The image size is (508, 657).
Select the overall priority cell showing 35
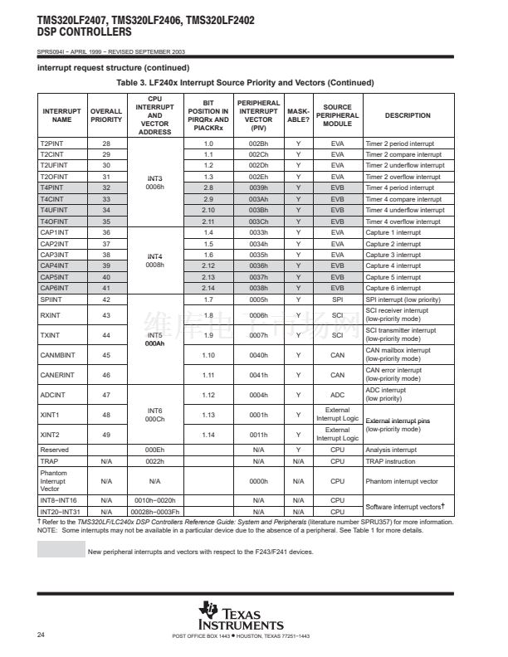coord(106,221)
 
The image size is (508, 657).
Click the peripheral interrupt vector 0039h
coord(258,188)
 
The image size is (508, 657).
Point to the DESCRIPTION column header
coord(408,115)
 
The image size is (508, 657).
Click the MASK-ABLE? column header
coord(299,115)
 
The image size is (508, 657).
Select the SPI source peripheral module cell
coord(337,299)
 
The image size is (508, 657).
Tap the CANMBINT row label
coord(56,354)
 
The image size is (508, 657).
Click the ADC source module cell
coord(337,395)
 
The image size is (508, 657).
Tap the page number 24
coord(41,635)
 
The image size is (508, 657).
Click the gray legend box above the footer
coord(61,551)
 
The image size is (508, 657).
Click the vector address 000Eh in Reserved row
coord(155,450)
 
